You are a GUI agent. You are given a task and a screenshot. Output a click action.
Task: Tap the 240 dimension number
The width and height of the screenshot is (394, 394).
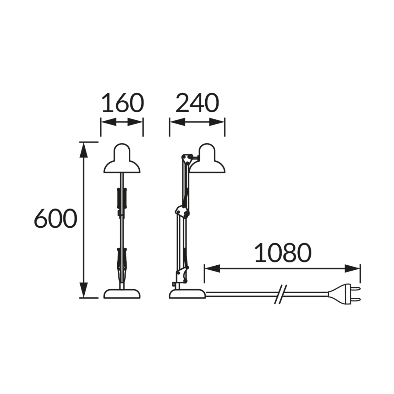(x=197, y=103)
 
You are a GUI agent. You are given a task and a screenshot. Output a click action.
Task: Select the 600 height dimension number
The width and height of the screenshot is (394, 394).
(x=55, y=219)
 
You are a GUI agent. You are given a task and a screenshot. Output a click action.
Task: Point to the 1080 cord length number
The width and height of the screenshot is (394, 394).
(x=283, y=253)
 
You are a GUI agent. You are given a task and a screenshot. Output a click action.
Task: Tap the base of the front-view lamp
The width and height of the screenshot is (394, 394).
(x=122, y=294)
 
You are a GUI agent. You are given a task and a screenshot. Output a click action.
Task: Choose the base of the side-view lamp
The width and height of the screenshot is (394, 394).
(x=188, y=294)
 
